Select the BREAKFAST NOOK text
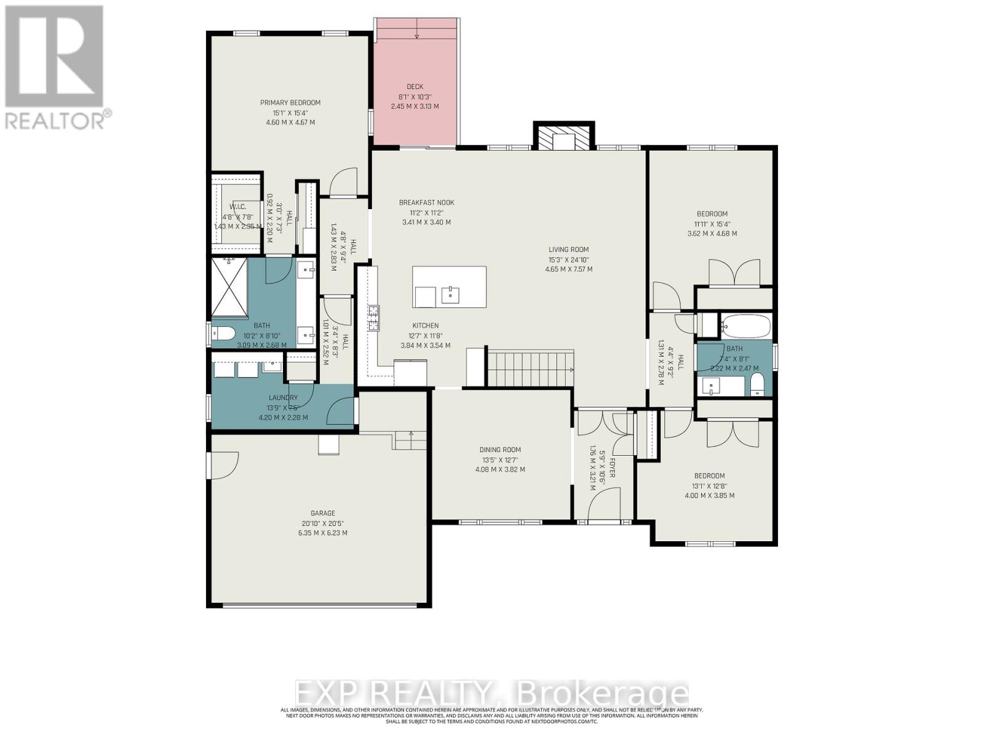pos(426,202)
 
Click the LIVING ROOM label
pos(568,250)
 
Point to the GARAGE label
pos(322,513)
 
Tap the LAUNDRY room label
pos(283,398)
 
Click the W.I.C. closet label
pos(238,207)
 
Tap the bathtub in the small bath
pos(745,326)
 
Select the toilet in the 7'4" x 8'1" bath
pos(757,385)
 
